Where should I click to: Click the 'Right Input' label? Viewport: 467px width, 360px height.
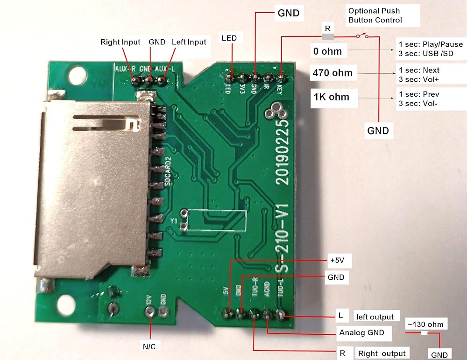click(x=120, y=42)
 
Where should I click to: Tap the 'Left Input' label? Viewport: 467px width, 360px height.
click(x=189, y=42)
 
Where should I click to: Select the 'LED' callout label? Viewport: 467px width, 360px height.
click(x=229, y=38)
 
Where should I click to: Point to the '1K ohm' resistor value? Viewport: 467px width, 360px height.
click(x=332, y=98)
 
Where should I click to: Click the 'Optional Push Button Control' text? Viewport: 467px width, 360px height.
click(x=375, y=15)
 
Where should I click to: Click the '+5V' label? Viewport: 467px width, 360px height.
click(x=338, y=260)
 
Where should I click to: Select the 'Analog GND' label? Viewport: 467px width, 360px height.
click(x=361, y=332)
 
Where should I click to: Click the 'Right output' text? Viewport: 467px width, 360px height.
click(x=382, y=353)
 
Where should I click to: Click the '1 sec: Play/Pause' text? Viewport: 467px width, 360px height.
click(x=430, y=45)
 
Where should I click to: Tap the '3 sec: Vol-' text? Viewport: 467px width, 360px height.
click(x=418, y=103)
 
